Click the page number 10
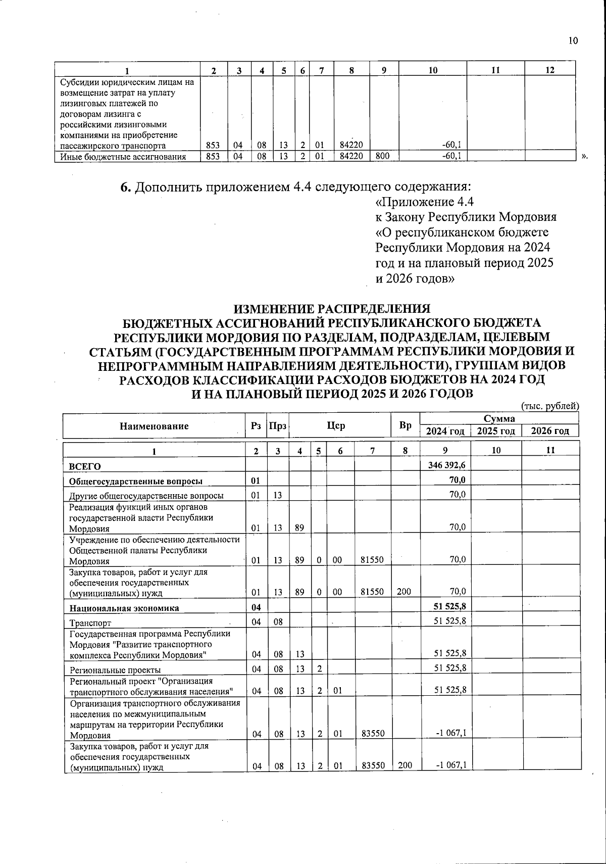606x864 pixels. tap(573, 41)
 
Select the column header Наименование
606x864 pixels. tap(154, 426)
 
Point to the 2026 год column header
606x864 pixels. tap(550, 431)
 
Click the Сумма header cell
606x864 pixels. tap(499, 418)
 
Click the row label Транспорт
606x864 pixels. tap(90, 623)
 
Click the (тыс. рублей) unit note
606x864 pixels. tap(549, 406)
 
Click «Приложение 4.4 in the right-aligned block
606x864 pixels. tap(425, 202)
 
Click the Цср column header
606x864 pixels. tap(336, 426)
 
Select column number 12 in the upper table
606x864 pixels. tap(550, 70)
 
